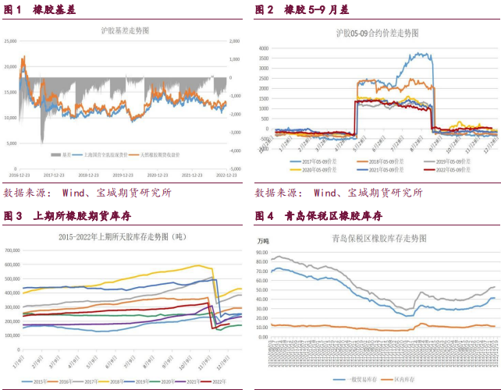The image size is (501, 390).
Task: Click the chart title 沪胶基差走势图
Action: pyautogui.click(x=126, y=30)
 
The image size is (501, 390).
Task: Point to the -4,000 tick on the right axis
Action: pyautogui.click(x=234, y=150)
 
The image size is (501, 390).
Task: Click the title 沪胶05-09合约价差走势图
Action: pyautogui.click(x=377, y=34)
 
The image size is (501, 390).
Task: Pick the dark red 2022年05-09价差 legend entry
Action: pyautogui.click(x=453, y=168)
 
